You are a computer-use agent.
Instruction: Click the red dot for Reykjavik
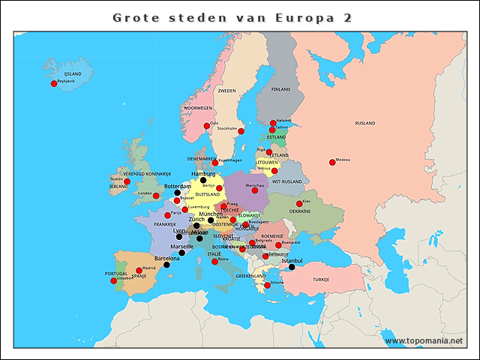(x=54, y=83)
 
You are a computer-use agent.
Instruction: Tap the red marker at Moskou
(x=332, y=162)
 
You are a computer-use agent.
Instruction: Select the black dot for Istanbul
(x=292, y=267)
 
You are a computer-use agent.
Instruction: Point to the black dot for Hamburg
(x=203, y=180)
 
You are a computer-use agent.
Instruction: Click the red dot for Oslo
(x=207, y=126)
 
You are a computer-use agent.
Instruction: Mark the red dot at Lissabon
(x=113, y=280)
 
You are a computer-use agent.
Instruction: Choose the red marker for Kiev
(x=299, y=203)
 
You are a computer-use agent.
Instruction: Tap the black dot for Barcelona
(x=166, y=264)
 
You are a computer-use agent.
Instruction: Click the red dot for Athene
(x=268, y=286)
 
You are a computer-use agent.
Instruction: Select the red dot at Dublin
(x=127, y=181)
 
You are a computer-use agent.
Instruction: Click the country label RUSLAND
(x=365, y=123)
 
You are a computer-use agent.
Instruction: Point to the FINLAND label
(x=280, y=89)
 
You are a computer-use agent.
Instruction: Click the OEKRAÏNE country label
(x=300, y=211)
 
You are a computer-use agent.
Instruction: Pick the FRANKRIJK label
(x=165, y=224)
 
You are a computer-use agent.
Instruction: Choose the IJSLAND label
(x=73, y=73)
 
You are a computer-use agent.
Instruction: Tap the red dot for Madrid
(x=139, y=270)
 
